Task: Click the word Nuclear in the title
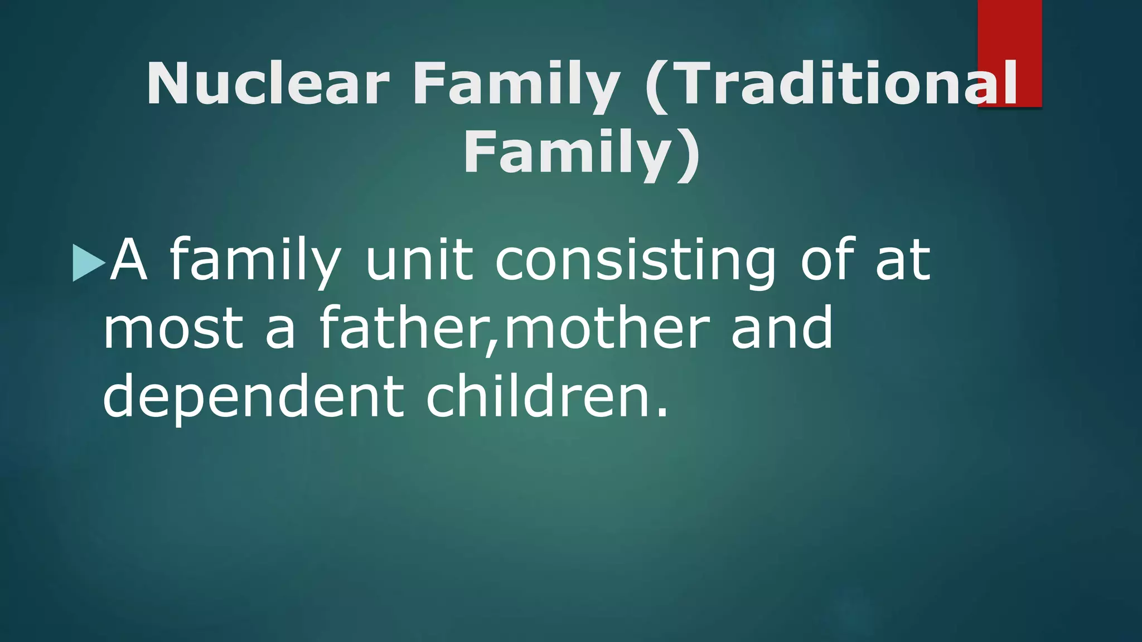point(267,84)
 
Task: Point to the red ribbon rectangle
point(1009,33)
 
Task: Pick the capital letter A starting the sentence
point(129,260)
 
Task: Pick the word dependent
point(253,397)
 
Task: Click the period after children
point(662,413)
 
